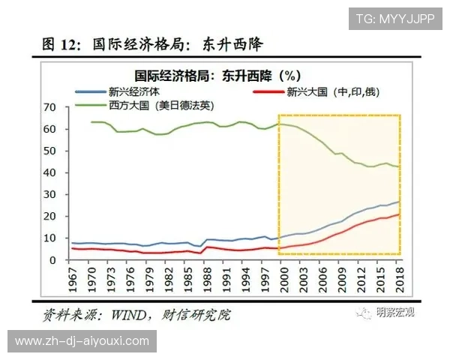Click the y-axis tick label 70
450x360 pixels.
pyautogui.click(x=51, y=107)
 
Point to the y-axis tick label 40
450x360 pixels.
pyautogui.click(x=51, y=172)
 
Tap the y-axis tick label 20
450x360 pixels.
pyautogui.click(x=51, y=217)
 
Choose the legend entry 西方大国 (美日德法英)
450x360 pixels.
pyautogui.click(x=156, y=105)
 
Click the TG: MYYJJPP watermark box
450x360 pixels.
pyautogui.click(x=394, y=18)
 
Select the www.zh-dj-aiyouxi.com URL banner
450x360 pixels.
pyautogui.click(x=82, y=341)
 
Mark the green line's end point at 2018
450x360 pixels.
pyautogui.click(x=398, y=166)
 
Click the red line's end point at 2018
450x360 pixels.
pyautogui.click(x=398, y=214)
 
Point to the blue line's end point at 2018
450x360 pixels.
pyautogui.click(x=398, y=202)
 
